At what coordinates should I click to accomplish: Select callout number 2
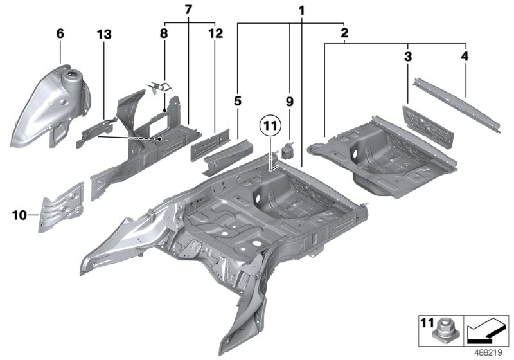[x=344, y=32]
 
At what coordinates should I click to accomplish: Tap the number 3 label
[x=407, y=57]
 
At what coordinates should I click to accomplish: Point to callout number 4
[x=465, y=57]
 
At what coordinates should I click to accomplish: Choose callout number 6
[x=60, y=33]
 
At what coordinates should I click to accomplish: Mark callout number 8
[x=164, y=33]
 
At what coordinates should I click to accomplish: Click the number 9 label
[x=289, y=101]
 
